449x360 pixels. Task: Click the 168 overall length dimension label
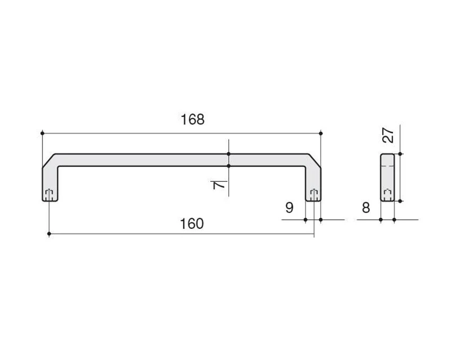click(192, 119)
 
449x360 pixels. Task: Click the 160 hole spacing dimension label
click(192, 224)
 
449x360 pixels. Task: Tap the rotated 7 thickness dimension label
click(219, 185)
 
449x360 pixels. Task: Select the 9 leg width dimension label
click(290, 208)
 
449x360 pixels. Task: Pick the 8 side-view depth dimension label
click(366, 208)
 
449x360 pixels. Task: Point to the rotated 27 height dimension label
click(388, 135)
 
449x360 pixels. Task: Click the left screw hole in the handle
click(49, 194)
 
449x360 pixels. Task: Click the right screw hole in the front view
click(314, 194)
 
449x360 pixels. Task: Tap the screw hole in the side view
click(387, 194)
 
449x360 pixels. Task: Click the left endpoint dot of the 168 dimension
click(43, 133)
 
